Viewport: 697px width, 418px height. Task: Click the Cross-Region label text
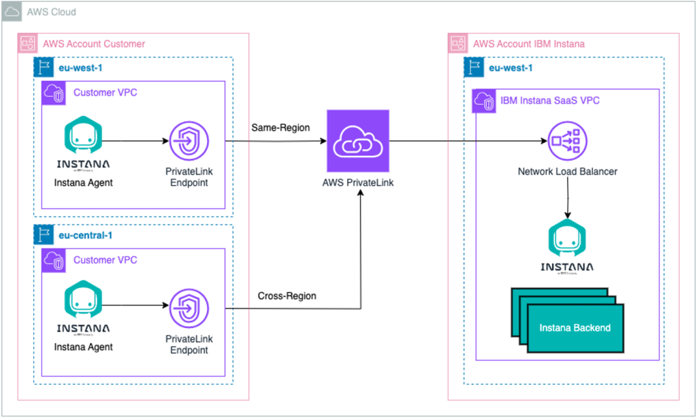point(287,296)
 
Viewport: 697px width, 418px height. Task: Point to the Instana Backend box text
point(575,327)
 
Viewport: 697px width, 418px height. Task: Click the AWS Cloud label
point(51,12)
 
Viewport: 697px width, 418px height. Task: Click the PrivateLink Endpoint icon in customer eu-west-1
point(187,141)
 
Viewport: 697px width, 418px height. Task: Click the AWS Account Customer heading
point(94,44)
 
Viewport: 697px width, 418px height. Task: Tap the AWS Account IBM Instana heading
point(528,44)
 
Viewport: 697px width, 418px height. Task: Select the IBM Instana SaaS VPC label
point(550,100)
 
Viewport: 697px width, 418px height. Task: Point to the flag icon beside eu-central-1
point(44,236)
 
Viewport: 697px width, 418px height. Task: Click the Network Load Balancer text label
point(567,172)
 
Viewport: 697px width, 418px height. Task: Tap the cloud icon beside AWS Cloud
point(12,12)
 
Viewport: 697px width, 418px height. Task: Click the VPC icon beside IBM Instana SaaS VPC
point(485,100)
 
